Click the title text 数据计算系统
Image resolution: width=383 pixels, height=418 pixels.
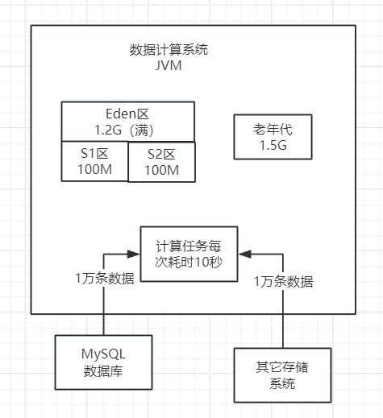click(x=169, y=49)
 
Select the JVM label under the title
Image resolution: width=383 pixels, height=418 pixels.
click(x=169, y=65)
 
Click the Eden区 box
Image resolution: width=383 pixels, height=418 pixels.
click(x=128, y=121)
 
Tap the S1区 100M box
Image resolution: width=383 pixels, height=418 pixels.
click(x=94, y=160)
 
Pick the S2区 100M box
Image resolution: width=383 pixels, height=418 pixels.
click(x=161, y=162)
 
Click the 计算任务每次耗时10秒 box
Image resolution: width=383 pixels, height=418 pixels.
click(x=189, y=255)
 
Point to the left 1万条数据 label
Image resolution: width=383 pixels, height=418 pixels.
click(x=105, y=279)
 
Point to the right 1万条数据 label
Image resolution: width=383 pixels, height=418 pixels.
click(x=283, y=282)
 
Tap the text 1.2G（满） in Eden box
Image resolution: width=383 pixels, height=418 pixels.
click(x=128, y=129)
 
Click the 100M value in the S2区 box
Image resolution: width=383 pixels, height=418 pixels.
click(x=161, y=170)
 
